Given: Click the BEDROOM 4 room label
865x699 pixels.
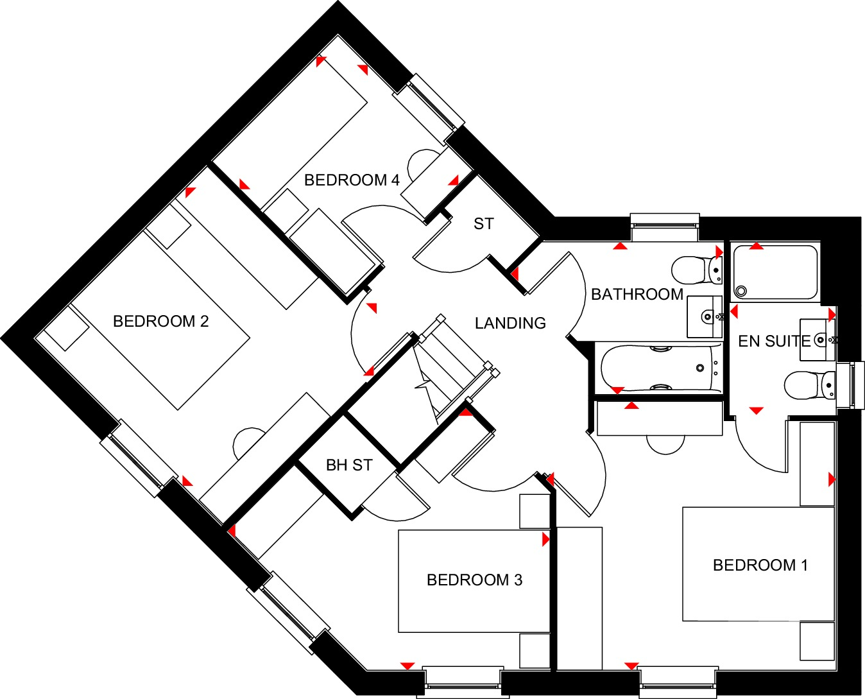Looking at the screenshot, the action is [x=352, y=180].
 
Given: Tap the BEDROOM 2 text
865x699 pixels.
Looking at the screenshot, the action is [x=161, y=322].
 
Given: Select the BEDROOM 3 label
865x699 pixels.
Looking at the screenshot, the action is [x=474, y=580].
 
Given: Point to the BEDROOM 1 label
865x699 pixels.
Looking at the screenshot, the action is [x=760, y=565].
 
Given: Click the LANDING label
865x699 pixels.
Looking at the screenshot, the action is [x=511, y=324].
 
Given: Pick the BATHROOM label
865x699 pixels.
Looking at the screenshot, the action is [x=637, y=295].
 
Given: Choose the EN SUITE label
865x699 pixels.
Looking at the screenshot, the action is [x=774, y=341].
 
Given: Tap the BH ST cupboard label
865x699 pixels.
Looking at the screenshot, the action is [x=349, y=465].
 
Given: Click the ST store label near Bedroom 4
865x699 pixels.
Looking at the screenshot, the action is [x=484, y=224].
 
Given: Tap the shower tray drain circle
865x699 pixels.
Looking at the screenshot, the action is [x=741, y=291].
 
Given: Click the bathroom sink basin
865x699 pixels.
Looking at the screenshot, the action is [x=705, y=317].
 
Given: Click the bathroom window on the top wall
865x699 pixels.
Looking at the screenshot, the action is [x=665, y=227].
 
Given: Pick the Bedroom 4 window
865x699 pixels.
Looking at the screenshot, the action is [x=429, y=110].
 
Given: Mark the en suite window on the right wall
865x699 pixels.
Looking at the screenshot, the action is [x=850, y=385].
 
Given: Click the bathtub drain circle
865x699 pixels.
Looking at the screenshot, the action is [x=700, y=368].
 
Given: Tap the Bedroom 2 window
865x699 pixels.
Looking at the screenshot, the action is [x=139, y=458].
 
